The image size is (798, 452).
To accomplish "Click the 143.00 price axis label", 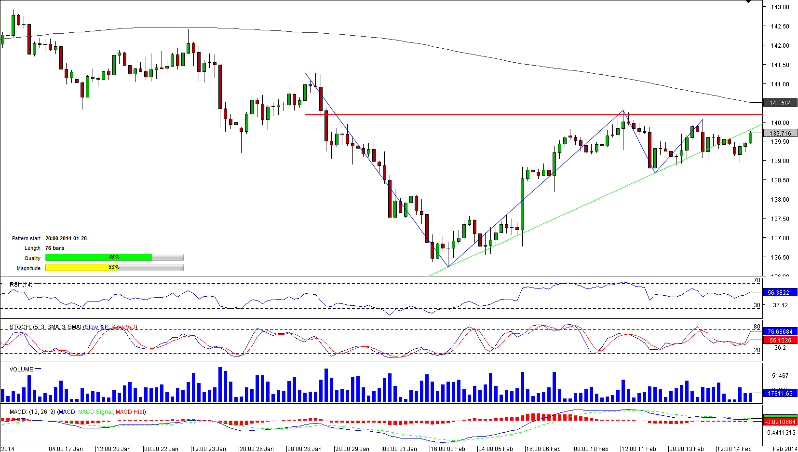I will tap(780, 7).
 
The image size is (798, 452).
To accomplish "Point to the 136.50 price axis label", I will tap(780, 258).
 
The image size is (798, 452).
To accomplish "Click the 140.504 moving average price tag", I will tap(780, 103).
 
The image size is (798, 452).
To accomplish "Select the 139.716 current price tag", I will tap(780, 134).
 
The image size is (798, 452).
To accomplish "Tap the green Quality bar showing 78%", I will tap(99, 258).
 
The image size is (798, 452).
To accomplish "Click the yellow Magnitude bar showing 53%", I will tap(81, 268).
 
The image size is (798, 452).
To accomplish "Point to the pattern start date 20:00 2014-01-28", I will tap(66, 239).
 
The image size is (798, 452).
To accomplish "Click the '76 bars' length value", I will tap(55, 248).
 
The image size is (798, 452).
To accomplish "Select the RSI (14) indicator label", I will tap(21, 285).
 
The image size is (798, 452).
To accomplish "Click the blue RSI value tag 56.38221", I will tap(780, 293).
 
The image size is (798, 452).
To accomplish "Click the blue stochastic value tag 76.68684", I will tap(780, 332).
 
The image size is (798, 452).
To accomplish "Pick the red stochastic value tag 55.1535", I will tap(780, 341).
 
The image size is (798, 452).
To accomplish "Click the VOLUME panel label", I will tap(21, 370).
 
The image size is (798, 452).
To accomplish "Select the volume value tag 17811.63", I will tap(780, 394).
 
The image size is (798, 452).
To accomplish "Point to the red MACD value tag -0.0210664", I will tap(780, 422).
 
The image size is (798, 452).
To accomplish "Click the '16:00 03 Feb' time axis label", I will tap(447, 449).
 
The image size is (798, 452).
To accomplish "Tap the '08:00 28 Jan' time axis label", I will tap(304, 449).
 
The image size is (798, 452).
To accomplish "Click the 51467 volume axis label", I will tap(780, 376).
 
